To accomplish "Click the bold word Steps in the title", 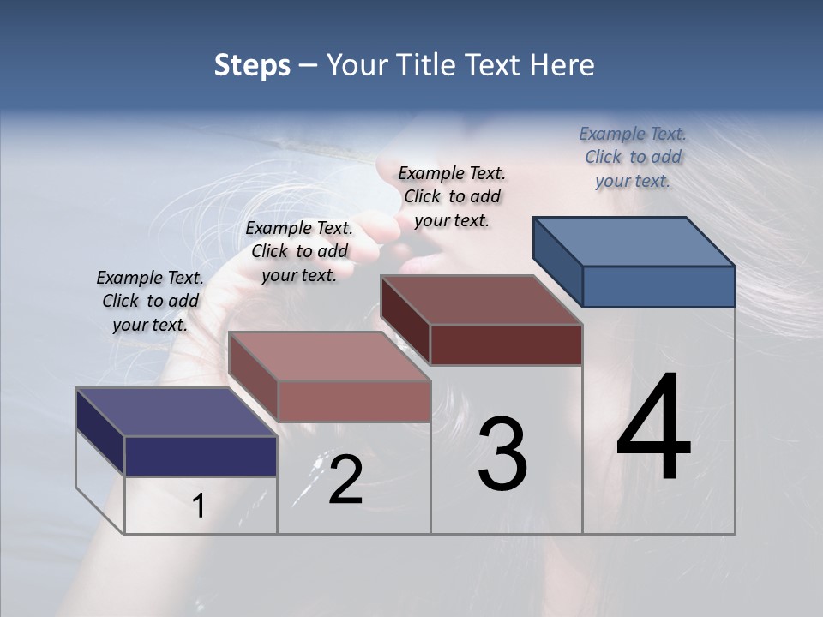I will pyautogui.click(x=252, y=65).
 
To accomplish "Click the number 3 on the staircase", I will pyautogui.click(x=502, y=454).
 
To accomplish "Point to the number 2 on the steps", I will pyautogui.click(x=345, y=480).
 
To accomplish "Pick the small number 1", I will pyautogui.click(x=198, y=506).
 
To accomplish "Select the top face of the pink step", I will pyautogui.click(x=329, y=356).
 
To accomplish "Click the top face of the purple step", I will pyautogui.click(x=177, y=412).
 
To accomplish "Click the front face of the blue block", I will pyautogui.click(x=658, y=286).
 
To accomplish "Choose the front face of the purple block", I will pyautogui.click(x=201, y=456).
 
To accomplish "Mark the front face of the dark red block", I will pyautogui.click(x=506, y=344).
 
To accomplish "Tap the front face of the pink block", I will pyautogui.click(x=353, y=401).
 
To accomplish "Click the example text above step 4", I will pyautogui.click(x=633, y=157).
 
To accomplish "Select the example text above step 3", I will pyautogui.click(x=452, y=196).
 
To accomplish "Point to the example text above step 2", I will pyautogui.click(x=299, y=251).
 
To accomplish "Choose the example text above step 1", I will pyautogui.click(x=150, y=301).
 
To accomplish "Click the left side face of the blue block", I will pyautogui.click(x=557, y=261).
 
